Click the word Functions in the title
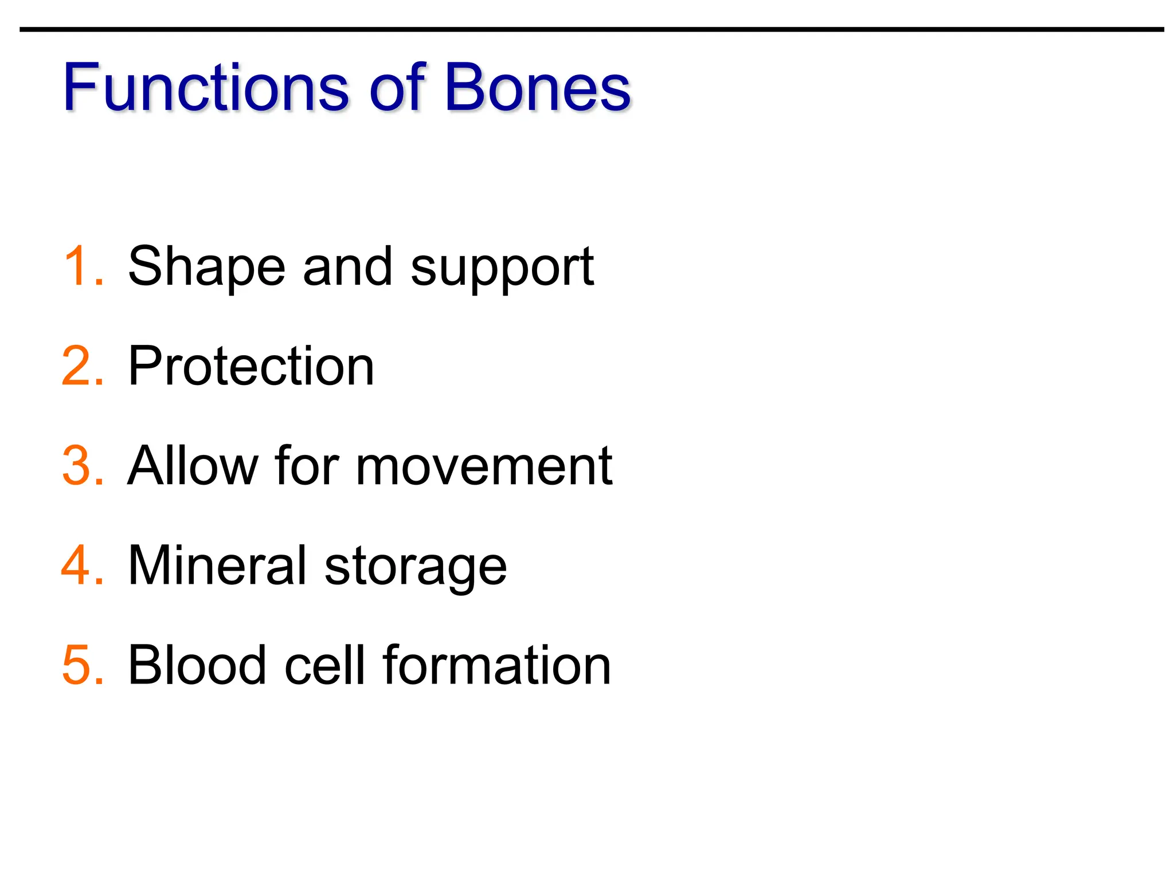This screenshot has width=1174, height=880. click(x=206, y=87)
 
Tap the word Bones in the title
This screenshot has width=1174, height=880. click(x=537, y=87)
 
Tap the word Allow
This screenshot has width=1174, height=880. click(x=192, y=465)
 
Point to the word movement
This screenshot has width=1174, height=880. click(x=484, y=466)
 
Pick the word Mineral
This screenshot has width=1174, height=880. click(x=217, y=565)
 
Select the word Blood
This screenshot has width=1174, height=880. click(x=197, y=665)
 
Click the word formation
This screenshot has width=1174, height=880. click(x=496, y=665)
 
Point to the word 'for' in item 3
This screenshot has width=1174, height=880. click(x=307, y=465)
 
